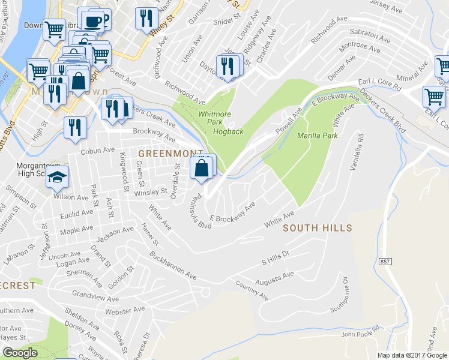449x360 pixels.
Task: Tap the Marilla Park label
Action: pos(318,136)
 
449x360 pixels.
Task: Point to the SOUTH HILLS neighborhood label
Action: pos(317,228)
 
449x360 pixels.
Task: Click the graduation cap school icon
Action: pos(58,178)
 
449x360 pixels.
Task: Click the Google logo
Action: pos(20,353)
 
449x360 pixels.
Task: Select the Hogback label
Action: pos(228,131)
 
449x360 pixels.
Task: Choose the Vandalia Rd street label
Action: pos(354,152)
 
